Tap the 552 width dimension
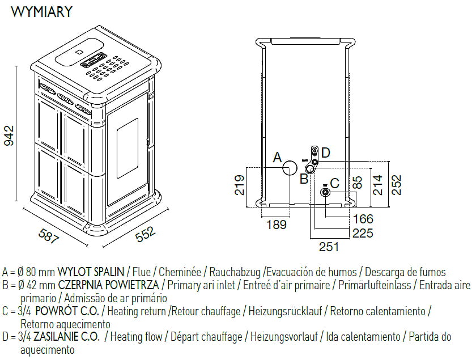[145, 235]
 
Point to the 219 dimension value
[239, 185]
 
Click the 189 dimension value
[276, 225]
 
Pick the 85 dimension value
[356, 183]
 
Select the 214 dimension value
[377, 185]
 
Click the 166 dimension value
[363, 219]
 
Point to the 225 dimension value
[363, 232]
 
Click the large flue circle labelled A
[291, 168]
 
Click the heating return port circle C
[326, 192]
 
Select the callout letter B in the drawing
[304, 179]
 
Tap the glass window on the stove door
[127, 142]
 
